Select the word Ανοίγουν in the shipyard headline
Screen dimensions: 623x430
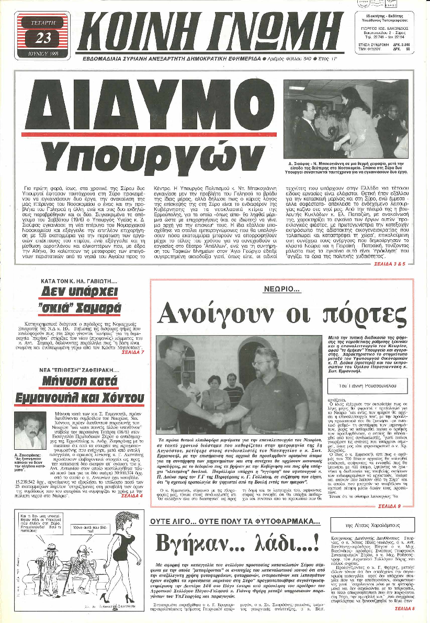[217, 313]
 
